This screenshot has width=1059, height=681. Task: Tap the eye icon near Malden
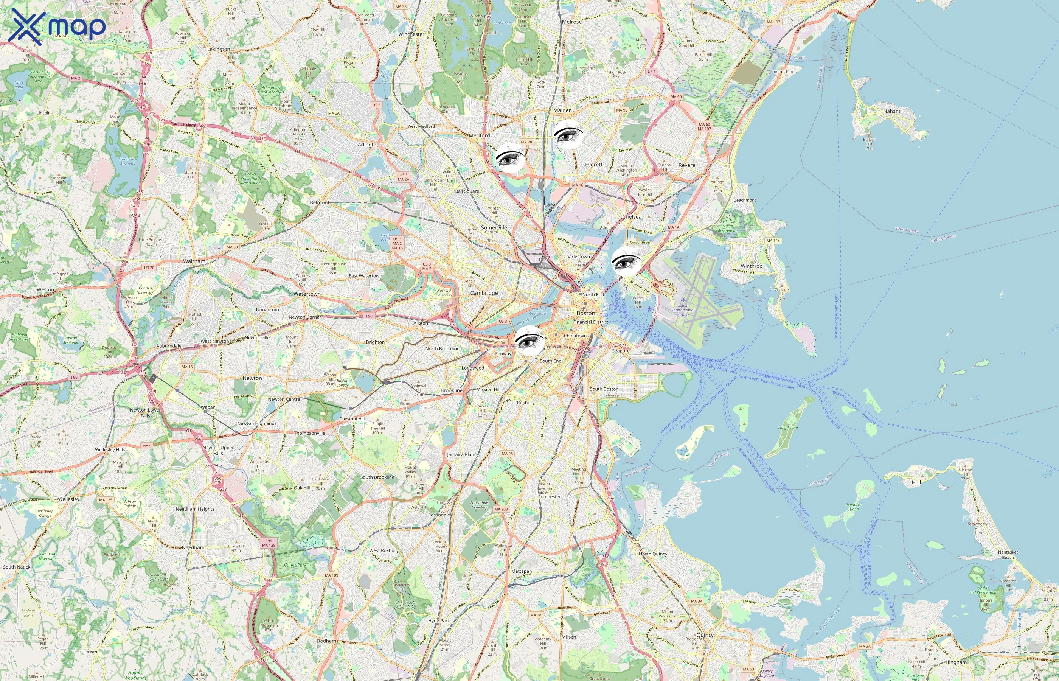(569, 134)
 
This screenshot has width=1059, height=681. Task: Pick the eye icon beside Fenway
(529, 340)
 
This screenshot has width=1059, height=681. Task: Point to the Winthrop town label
(752, 266)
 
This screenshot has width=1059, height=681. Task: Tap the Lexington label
(218, 50)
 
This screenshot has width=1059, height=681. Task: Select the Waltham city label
(194, 261)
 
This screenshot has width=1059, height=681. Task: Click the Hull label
(916, 482)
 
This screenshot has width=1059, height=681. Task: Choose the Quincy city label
(705, 635)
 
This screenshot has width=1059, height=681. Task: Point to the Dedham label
(326, 641)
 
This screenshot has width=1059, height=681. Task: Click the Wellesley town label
(69, 499)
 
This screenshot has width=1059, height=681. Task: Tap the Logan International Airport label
(683, 310)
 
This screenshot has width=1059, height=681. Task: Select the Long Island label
(788, 428)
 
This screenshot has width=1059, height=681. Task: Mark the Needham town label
(193, 547)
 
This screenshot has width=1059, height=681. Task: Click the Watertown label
(307, 294)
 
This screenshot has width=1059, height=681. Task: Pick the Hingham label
(956, 662)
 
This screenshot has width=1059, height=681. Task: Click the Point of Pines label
(783, 72)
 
